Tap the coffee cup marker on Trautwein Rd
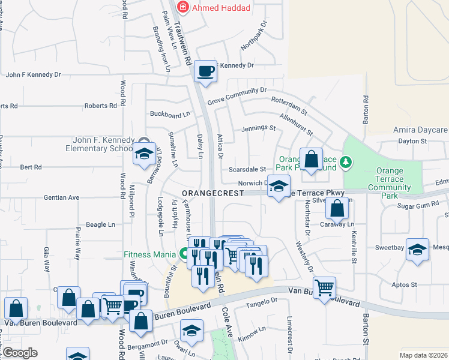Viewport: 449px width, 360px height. coord(205,71)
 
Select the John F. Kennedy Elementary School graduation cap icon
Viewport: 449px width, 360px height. coord(144,154)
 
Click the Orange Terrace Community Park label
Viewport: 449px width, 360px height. coord(390,183)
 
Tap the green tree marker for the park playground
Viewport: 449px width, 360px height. coord(345,161)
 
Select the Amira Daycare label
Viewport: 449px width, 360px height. coord(420,130)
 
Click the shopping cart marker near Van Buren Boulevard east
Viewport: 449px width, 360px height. coord(324,287)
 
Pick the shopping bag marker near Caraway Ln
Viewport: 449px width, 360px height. coord(337,209)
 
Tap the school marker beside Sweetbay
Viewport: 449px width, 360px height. coord(418,250)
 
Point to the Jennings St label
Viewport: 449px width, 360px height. coord(258,128)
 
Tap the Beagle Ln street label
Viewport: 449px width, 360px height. coord(100,224)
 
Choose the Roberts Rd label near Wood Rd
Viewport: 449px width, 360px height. coord(100,106)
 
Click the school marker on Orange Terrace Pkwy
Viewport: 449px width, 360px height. coord(279,187)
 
